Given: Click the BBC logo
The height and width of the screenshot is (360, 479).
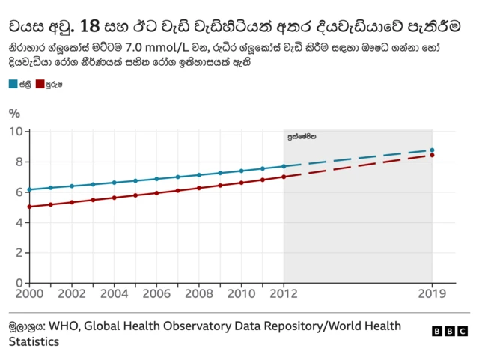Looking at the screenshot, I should point(450,331).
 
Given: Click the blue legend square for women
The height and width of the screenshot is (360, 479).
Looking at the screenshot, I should point(13,85).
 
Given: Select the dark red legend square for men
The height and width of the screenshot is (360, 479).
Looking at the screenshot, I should point(40,85).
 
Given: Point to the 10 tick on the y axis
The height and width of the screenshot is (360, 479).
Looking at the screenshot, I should point(16,132).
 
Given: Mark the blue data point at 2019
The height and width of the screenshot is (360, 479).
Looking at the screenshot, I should point(432,150).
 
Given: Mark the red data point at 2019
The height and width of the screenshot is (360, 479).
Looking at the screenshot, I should point(432,156).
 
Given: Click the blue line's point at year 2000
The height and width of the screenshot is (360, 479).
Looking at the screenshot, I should point(30,189).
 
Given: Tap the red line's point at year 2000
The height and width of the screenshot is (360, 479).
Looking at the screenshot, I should point(30,207).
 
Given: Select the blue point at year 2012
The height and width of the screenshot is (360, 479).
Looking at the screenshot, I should point(284,166).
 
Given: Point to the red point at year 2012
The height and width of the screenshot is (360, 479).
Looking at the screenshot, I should point(284,177).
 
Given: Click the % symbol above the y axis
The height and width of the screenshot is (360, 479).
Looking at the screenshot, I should point(14,114).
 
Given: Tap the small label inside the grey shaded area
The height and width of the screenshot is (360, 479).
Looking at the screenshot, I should point(302,138).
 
